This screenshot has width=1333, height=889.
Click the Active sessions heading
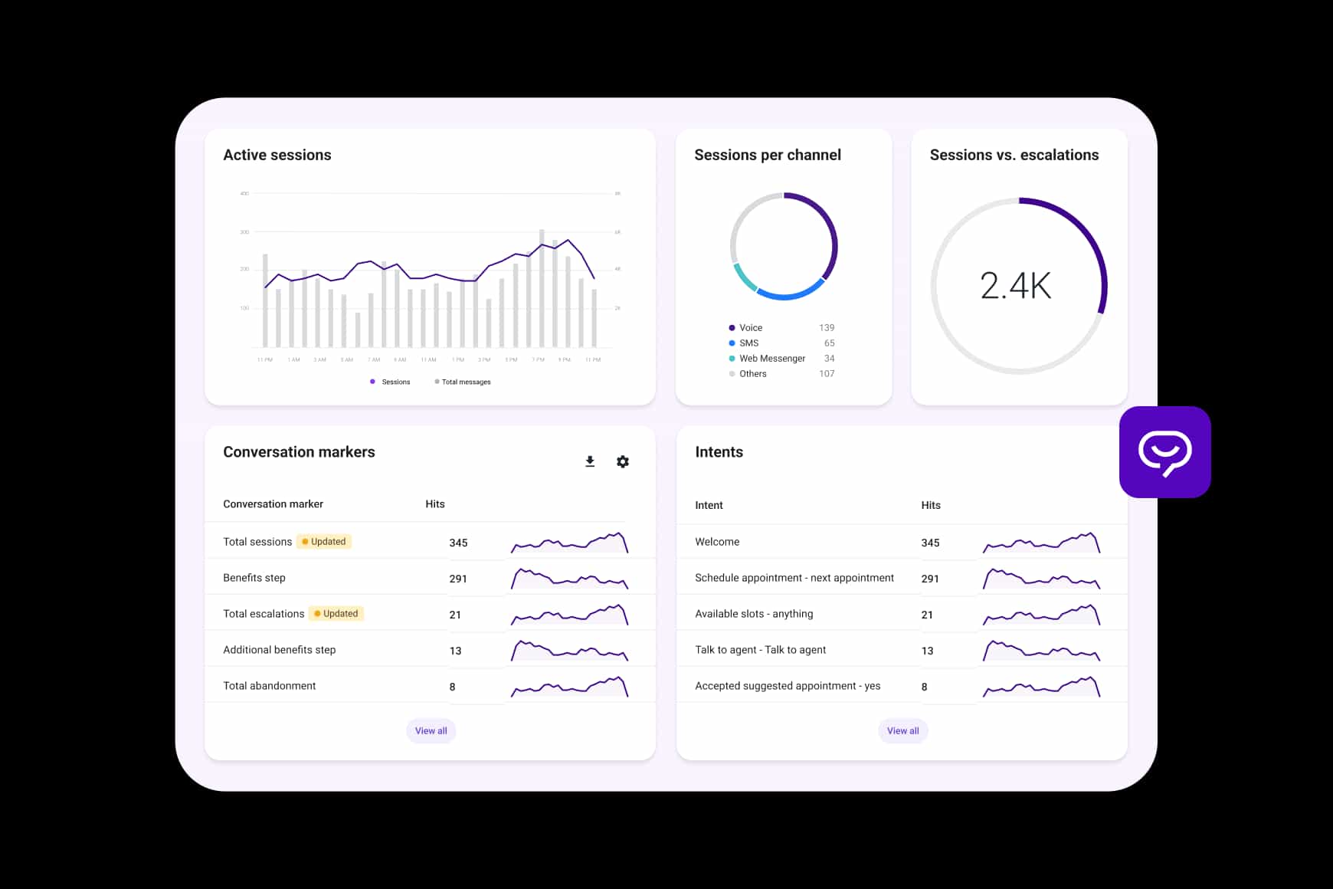277,155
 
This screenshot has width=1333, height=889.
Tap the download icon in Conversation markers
590,461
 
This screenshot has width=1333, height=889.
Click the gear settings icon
623,461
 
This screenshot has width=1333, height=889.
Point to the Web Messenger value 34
829,358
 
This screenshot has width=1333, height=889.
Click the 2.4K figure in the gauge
1016,286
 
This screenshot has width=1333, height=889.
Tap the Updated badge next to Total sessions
324,541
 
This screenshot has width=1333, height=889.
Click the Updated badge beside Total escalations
336,613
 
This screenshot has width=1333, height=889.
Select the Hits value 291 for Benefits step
458,579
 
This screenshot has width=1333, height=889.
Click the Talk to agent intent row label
760,650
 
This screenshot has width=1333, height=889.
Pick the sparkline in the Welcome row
1041,543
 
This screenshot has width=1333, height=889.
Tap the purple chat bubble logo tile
1164,452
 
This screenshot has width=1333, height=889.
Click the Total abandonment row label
269,686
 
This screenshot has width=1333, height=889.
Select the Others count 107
827,373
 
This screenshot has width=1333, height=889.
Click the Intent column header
709,505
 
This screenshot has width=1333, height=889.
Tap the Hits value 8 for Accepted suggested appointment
924,687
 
